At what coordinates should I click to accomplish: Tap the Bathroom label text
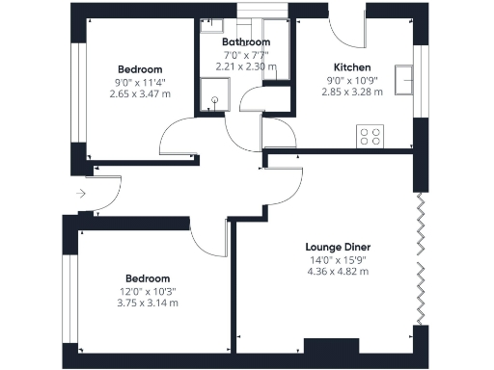[x=246, y=42]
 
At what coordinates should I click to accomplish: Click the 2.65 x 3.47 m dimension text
[x=140, y=93]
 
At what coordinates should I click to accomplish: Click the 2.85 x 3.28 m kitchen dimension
[x=352, y=92]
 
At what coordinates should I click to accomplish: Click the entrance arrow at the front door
[x=81, y=194]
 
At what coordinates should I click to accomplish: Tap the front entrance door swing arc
[x=106, y=193]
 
